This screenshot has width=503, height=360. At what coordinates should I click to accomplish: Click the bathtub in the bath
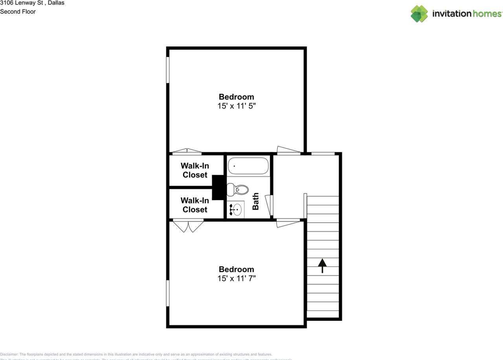tap(248, 166)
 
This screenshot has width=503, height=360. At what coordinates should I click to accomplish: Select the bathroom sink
tap(235, 210)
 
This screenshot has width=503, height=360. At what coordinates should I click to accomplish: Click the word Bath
tap(255, 201)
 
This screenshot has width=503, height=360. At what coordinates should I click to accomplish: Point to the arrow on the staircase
tap(322, 265)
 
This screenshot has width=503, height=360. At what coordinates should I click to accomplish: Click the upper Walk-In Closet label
tap(195, 170)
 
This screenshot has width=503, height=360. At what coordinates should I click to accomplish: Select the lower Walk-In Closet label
tap(195, 205)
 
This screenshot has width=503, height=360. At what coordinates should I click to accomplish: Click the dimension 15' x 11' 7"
tap(237, 278)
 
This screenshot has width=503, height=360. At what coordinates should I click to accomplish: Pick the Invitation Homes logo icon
tap(419, 14)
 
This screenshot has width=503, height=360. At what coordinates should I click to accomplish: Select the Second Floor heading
tap(18, 11)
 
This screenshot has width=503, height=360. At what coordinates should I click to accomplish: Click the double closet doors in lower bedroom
tap(188, 225)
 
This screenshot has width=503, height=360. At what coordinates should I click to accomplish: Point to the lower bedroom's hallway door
tap(288, 223)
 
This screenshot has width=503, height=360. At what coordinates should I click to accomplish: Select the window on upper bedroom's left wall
tap(167, 70)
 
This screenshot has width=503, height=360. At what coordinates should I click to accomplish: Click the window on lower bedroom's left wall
tap(167, 293)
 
